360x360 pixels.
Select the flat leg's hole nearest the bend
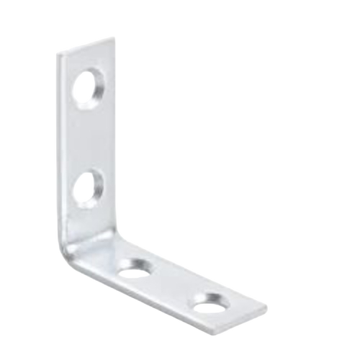click(x=135, y=268)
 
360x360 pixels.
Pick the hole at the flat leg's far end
click(x=210, y=302)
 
